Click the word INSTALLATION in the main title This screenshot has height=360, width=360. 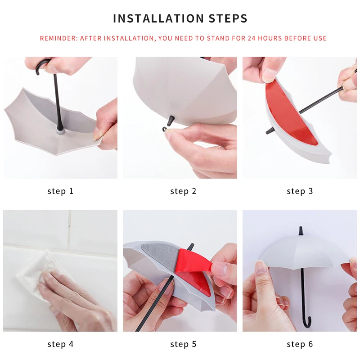159,18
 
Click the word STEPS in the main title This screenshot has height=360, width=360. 228,18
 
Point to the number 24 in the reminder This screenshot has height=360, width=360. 252,38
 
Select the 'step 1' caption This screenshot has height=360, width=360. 60,191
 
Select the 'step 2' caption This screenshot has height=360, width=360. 183,191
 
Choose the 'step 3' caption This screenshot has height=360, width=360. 300,191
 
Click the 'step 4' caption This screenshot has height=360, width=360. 60,344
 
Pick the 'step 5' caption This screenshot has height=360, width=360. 183,344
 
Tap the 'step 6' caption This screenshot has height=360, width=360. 300,344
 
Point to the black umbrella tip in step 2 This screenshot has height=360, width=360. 171,121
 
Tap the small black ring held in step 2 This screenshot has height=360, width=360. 165,129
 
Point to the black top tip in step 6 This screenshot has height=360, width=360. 300,231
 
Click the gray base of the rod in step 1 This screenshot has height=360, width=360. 60,132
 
